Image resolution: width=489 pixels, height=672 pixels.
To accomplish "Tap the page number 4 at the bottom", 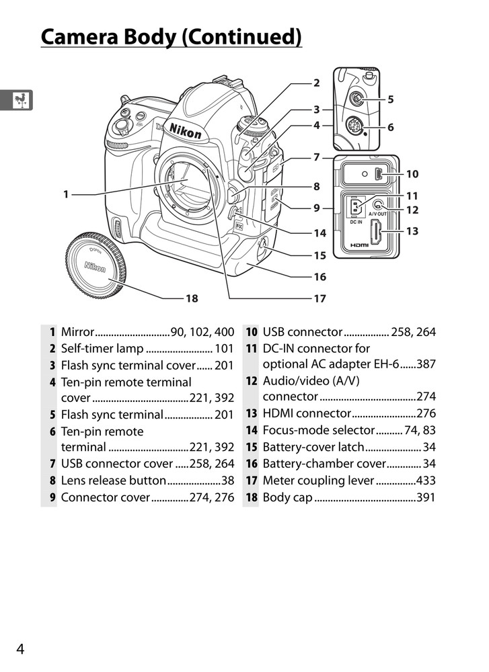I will (21, 648).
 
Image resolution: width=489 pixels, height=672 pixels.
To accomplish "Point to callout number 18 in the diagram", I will (192, 298).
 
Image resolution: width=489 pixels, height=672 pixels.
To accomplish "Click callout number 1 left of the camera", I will (66, 195).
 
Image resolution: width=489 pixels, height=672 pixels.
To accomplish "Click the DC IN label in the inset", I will (354, 222).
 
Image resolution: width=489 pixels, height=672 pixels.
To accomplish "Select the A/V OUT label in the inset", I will (378, 214).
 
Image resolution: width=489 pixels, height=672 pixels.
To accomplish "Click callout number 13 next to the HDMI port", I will (412, 231).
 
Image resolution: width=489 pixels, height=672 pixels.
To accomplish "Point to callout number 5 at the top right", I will (390, 99).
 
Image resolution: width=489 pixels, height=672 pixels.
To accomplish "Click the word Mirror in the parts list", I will (77, 332).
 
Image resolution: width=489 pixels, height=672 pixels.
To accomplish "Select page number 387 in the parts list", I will (426, 365).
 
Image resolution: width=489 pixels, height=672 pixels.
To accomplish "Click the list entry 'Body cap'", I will (287, 498).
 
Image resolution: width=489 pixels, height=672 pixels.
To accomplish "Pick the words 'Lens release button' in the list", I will (113, 480).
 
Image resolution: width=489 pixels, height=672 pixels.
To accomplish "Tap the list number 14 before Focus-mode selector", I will (252, 431).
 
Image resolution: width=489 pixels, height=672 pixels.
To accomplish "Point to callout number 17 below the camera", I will (319, 298).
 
